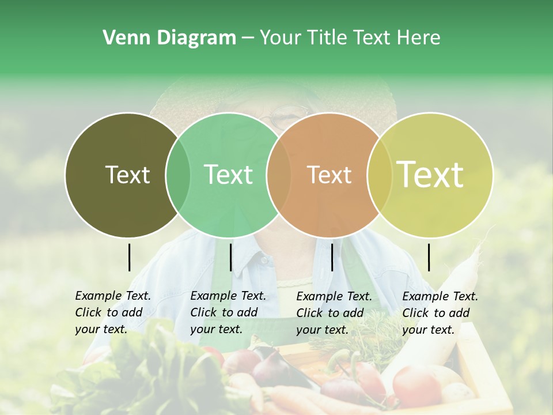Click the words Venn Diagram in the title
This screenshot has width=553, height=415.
point(169,38)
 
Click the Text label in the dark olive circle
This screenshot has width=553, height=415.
point(127,175)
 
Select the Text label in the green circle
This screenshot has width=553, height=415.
point(229,175)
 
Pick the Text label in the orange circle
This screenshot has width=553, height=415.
point(329,175)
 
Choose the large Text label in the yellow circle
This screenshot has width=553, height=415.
point(430,174)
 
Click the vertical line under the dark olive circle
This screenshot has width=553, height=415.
point(129,257)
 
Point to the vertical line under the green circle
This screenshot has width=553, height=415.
point(230,257)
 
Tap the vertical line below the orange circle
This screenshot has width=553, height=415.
point(332,257)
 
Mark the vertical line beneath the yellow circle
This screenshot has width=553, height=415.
point(429,257)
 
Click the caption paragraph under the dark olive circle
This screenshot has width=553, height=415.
point(113,312)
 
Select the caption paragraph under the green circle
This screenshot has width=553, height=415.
point(228,312)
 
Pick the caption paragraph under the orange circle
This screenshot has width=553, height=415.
point(334,313)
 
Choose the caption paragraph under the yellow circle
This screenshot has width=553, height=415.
point(440,313)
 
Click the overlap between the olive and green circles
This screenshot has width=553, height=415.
point(178,175)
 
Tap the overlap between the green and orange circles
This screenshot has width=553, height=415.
point(278,175)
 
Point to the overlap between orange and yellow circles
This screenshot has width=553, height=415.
point(380,175)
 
